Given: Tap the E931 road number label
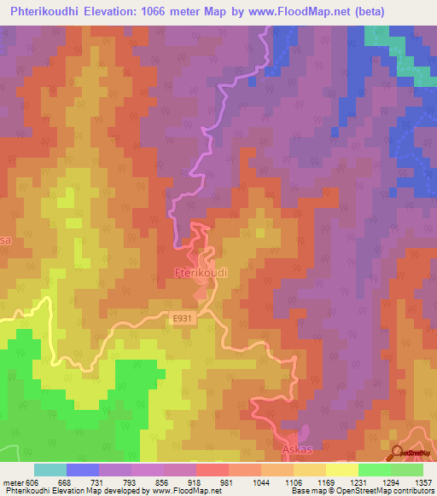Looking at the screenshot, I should point(182,319).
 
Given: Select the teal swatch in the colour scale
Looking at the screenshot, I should point(50,470).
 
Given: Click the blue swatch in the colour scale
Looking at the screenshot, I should point(83,470).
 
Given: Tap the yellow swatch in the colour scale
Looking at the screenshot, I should point(342,470).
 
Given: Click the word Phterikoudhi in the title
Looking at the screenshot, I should point(54,11).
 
